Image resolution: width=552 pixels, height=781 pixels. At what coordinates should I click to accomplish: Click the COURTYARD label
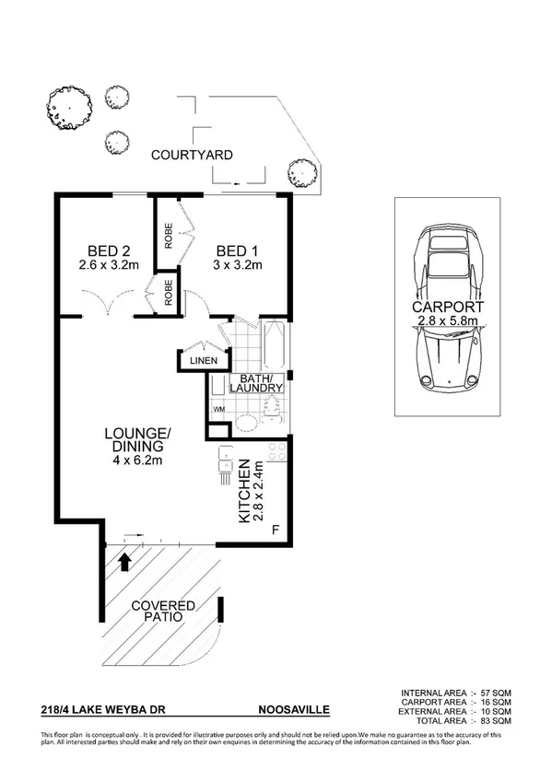coord(192,155)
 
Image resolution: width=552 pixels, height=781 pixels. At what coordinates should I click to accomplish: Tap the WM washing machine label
coord(218,408)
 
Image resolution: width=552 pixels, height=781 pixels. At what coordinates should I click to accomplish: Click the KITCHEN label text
coord(244,491)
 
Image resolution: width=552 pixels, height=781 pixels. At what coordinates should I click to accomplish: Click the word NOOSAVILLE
coord(293,710)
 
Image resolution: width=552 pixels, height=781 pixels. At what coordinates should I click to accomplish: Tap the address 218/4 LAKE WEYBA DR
coord(96,710)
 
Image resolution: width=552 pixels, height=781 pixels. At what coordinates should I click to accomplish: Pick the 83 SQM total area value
coord(495,721)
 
